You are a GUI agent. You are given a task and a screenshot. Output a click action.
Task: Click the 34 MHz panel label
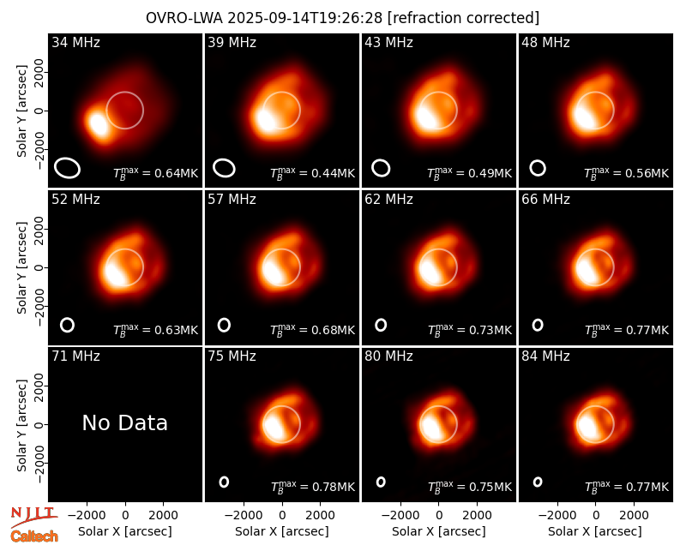tap(75, 42)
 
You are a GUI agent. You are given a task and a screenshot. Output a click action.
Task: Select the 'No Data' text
tap(124, 422)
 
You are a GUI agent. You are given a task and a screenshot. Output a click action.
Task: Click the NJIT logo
tap(33, 517)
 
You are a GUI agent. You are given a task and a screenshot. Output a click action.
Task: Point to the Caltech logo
tap(34, 536)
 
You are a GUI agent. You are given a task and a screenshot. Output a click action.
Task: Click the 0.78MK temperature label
tap(313, 486)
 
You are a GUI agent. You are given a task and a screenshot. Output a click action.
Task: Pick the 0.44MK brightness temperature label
tap(313, 173)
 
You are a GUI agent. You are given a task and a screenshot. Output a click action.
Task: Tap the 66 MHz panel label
tap(545, 200)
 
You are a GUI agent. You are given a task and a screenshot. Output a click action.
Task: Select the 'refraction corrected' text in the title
tap(464, 18)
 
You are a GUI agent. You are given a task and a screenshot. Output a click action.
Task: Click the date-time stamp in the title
tap(305, 18)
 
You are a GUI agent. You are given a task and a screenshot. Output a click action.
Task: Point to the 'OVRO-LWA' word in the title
tap(184, 18)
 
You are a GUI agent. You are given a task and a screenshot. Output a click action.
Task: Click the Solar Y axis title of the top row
tap(22, 111)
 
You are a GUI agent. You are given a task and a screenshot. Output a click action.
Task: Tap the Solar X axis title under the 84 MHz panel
tap(595, 531)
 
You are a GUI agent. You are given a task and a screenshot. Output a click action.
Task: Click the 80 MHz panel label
tap(388, 356)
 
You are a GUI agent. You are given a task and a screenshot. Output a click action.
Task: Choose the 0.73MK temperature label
tap(470, 330)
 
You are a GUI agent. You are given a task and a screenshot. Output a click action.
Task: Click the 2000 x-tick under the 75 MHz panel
tap(320, 516)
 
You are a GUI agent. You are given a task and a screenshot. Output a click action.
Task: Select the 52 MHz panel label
tap(75, 200)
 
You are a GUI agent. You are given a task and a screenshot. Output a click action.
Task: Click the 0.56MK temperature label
tap(627, 173)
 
